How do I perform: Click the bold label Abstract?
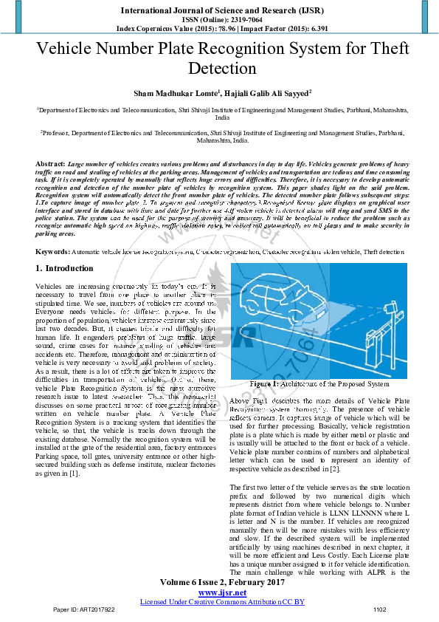click(49, 162)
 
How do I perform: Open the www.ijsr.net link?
click(222, 593)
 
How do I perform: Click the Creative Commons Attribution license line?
click(222, 602)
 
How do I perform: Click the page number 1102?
click(379, 610)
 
